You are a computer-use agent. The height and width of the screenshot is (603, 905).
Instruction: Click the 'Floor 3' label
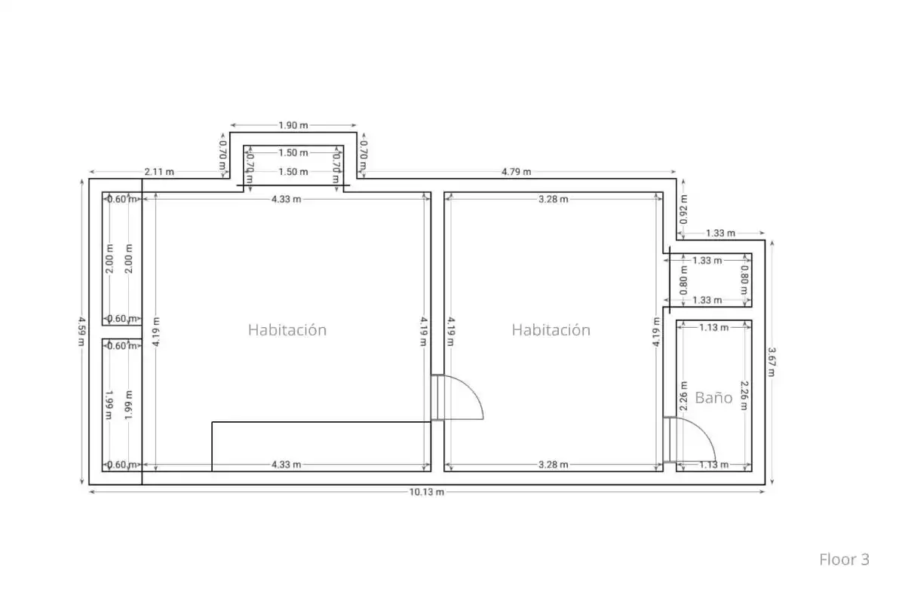(x=844, y=559)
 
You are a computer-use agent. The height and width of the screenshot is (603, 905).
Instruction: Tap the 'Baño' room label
(x=713, y=398)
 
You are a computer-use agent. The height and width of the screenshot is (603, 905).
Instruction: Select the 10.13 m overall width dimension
(x=427, y=492)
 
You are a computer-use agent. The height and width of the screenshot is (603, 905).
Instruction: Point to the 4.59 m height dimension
(x=81, y=331)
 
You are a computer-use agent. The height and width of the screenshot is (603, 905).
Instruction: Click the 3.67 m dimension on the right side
(x=772, y=362)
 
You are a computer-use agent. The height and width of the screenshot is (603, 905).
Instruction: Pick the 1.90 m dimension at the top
(x=293, y=125)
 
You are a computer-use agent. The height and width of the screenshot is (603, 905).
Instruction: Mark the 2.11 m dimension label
(x=159, y=172)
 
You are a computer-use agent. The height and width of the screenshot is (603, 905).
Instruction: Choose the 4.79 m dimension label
(x=517, y=172)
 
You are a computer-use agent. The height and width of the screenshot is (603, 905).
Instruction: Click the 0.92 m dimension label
(x=683, y=210)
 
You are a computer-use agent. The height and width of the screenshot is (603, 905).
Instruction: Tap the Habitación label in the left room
(x=287, y=330)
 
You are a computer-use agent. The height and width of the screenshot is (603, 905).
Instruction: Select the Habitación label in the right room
(x=551, y=330)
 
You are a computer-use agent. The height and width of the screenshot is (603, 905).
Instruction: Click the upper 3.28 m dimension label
(x=553, y=199)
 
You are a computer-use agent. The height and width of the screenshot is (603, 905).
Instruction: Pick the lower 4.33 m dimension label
(x=286, y=464)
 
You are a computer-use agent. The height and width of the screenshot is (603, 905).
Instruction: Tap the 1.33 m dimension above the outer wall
(x=720, y=233)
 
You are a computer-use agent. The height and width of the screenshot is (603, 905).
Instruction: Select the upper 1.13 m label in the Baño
(x=714, y=327)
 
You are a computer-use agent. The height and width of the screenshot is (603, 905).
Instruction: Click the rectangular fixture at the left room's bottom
(x=321, y=446)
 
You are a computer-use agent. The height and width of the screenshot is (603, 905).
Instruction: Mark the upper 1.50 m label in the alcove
(x=293, y=153)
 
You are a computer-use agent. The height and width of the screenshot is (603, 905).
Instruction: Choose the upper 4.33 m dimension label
(x=286, y=199)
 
